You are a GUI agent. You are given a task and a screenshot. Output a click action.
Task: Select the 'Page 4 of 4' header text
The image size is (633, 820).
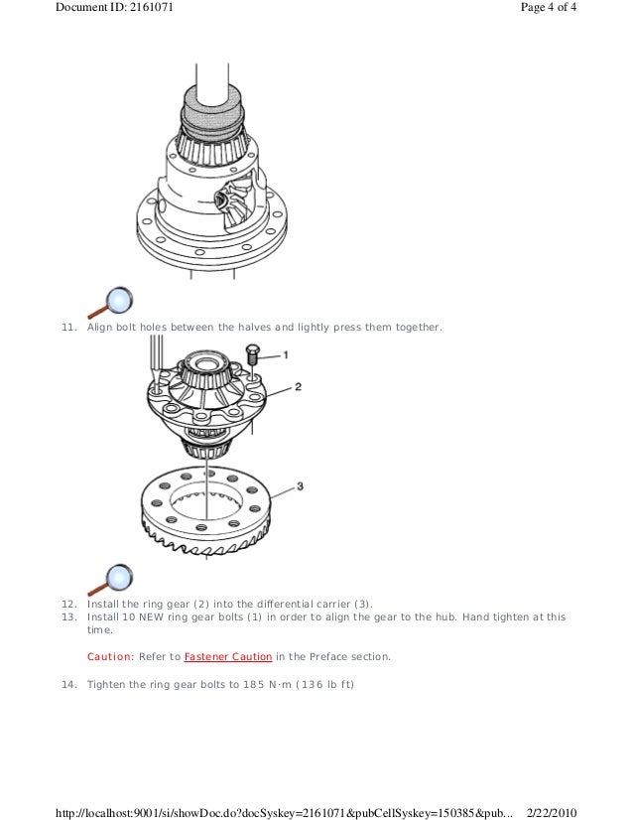pos(549,7)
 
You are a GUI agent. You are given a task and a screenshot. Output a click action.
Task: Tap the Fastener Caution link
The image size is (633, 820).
pos(228,657)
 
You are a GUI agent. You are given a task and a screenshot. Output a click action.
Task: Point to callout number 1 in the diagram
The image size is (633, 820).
pos(286,355)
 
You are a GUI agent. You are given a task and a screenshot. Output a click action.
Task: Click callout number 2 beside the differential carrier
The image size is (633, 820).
pos(298,386)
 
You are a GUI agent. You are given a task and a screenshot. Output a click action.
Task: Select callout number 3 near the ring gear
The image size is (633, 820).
pos(300,485)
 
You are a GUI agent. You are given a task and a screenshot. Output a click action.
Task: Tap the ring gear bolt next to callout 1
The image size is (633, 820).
pos(252,354)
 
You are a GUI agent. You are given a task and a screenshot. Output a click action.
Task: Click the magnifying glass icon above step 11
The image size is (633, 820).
pos(110,302)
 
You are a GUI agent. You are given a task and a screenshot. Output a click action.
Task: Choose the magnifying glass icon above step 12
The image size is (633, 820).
pos(110,580)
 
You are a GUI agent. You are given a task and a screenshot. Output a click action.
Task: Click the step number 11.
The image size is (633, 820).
pos(69,328)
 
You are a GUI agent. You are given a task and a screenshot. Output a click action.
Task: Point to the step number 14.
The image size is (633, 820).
pos(69,685)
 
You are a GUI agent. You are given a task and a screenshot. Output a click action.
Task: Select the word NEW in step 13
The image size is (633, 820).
pos(152,617)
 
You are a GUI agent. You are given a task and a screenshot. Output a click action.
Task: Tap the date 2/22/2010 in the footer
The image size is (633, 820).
pos(552,813)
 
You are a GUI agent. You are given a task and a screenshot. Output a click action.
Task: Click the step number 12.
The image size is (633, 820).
pos(69,604)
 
